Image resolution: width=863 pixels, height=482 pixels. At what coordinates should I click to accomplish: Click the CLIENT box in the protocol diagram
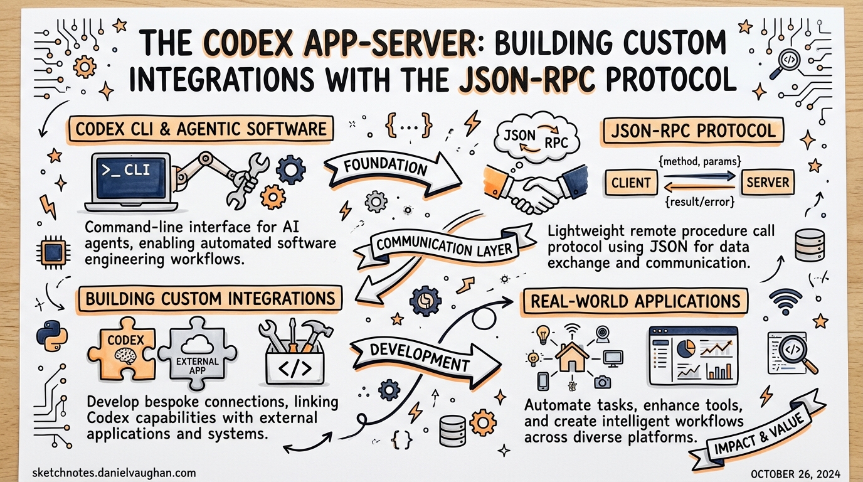630,183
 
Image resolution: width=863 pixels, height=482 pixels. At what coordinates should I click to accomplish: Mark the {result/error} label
698,203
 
